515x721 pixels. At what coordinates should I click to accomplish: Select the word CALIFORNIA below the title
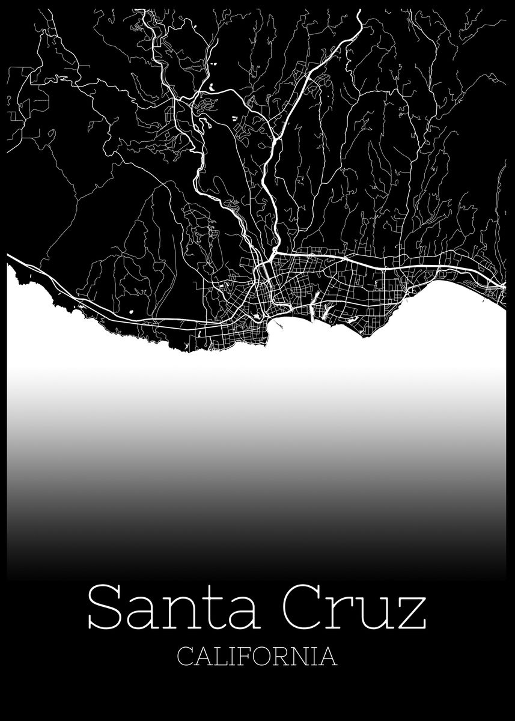click(257, 656)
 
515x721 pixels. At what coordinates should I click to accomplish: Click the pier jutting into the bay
click(278, 324)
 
